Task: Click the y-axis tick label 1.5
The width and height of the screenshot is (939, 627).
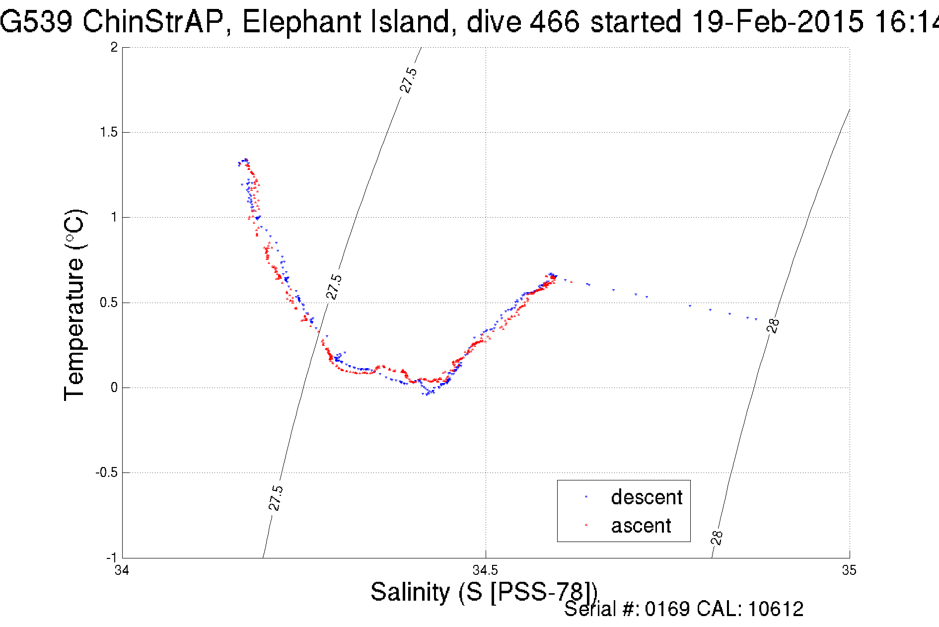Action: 109,132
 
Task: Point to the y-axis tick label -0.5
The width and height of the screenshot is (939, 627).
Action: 107,472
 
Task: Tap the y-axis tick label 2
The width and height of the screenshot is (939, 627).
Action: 114,47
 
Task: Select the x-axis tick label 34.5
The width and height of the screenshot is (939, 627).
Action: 485,570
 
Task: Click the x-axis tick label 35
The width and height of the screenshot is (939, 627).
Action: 849,570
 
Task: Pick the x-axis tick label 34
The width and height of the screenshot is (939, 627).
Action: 122,570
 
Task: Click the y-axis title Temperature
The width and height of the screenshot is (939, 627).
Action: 75,305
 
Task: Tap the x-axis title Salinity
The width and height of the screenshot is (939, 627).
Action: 410,592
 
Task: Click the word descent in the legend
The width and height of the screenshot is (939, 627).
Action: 647,497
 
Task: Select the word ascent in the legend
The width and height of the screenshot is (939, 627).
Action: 641,526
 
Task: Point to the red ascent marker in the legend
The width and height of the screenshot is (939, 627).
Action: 586,525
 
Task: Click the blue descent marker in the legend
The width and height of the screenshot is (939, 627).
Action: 586,497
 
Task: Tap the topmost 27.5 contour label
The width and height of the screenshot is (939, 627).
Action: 409,80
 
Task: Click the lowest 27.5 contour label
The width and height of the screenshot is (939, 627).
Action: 276,498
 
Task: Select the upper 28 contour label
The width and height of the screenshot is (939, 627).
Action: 773,325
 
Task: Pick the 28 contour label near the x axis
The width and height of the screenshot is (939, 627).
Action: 717,538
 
